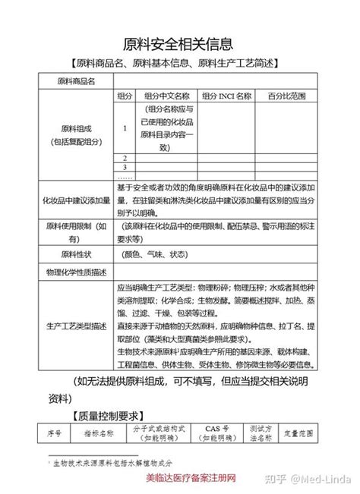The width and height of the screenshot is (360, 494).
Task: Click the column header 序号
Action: point(54,434)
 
